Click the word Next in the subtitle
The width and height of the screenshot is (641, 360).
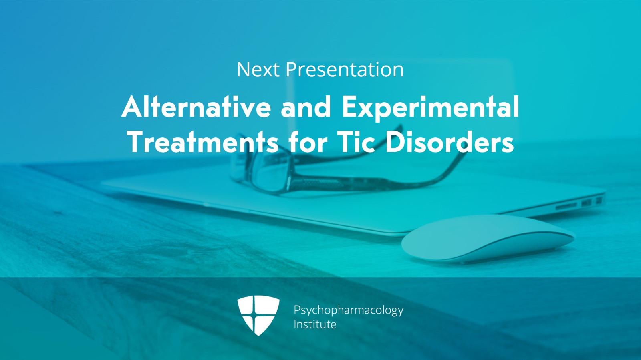click(258, 70)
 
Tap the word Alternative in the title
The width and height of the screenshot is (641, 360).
click(196, 107)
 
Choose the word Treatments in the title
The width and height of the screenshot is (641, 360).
click(203, 142)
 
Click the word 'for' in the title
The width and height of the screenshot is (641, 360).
click(308, 142)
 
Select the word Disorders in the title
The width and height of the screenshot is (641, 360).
click(449, 142)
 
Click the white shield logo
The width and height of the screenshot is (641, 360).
click(258, 315)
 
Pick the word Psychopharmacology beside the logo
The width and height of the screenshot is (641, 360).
click(348, 310)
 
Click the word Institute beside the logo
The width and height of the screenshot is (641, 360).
click(314, 324)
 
